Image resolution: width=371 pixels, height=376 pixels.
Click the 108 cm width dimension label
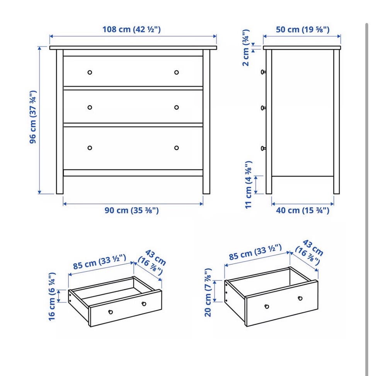click(131, 29)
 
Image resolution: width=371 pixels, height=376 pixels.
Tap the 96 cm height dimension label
click(33, 117)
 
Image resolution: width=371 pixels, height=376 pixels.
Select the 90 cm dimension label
click(132, 210)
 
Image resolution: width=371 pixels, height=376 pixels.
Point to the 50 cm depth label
click(303, 29)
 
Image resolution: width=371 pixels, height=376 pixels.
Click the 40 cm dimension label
click(303, 210)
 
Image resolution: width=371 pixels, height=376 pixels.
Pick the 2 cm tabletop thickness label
click(246, 48)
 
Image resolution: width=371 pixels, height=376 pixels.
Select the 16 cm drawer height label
click(52, 297)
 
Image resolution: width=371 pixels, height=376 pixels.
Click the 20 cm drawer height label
click(208, 292)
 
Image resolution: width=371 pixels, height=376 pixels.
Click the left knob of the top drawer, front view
click(90, 72)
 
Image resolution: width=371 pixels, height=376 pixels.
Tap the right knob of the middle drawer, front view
click(176, 107)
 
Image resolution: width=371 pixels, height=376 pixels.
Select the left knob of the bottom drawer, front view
click(90, 148)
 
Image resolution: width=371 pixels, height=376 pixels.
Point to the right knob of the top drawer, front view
click(176, 72)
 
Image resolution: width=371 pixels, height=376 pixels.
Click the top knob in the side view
click(263, 72)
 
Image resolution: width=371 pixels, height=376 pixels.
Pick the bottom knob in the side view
click(263, 148)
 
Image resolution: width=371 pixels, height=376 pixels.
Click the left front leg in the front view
click(60, 122)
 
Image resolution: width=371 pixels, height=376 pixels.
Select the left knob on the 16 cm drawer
click(111, 312)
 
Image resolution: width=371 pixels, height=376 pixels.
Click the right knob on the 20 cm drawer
click(300, 298)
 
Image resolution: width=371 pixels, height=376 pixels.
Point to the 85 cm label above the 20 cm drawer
click(255, 252)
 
